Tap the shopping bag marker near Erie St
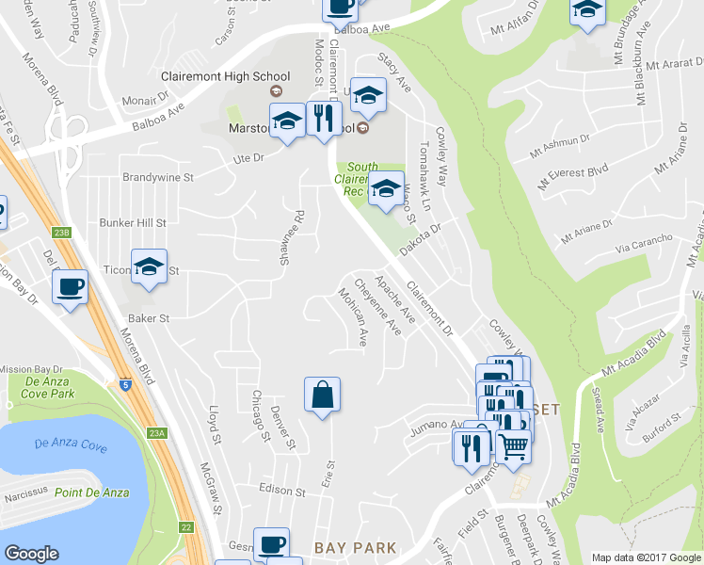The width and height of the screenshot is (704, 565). pos(322,395)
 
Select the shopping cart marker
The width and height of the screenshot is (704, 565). pos(513,448)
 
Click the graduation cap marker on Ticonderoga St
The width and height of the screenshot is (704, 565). pos(149,267)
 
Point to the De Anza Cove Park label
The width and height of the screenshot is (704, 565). pos(41,388)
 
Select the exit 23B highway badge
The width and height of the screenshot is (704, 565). pos(62,232)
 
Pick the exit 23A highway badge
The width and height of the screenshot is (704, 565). pos(156,433)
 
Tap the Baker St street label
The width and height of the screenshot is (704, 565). pos(150,319)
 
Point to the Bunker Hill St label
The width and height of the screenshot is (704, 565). pos(133,223)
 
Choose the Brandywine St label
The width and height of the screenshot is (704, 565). pos(158,176)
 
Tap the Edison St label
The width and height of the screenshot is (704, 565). pos(283,492)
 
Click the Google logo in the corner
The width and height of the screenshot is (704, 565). pos(31,554)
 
